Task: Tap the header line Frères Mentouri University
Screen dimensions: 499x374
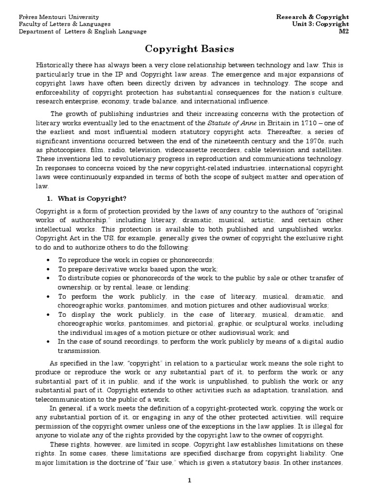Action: pyautogui.click(x=58, y=17)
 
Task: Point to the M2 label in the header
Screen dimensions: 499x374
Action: pyautogui.click(x=345, y=31)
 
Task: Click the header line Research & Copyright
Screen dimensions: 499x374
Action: pyautogui.click(x=313, y=17)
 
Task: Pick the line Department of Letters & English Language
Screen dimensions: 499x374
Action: pyautogui.click(x=82, y=31)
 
